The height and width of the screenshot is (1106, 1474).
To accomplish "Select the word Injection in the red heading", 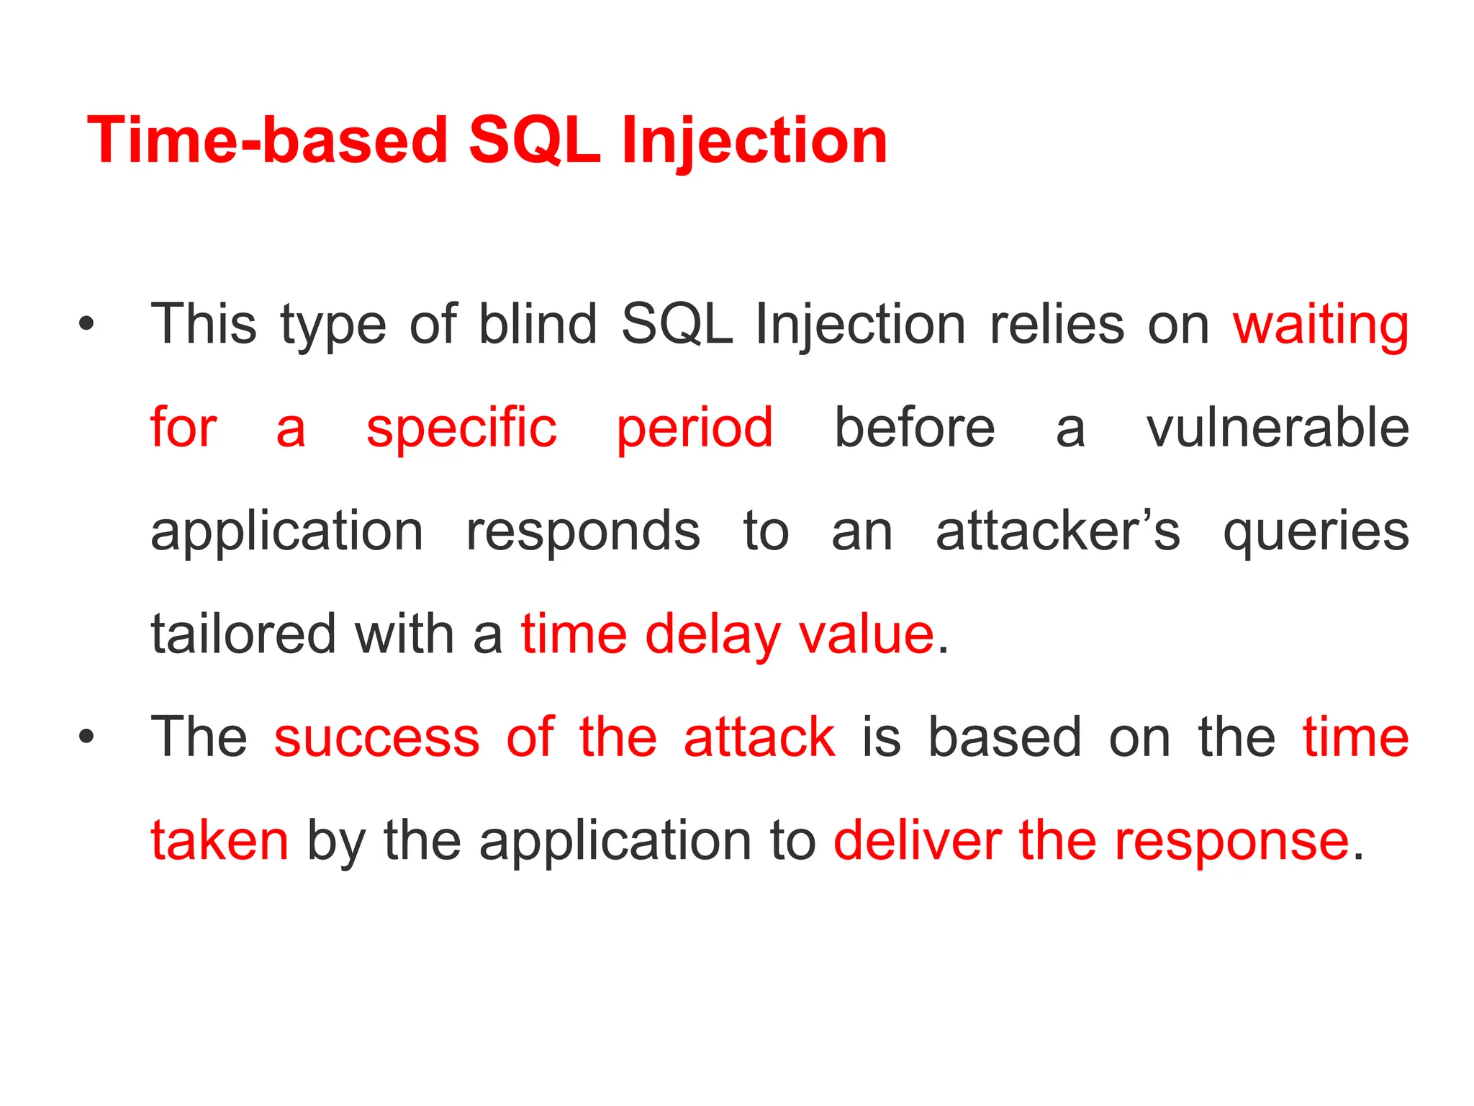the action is [x=754, y=142].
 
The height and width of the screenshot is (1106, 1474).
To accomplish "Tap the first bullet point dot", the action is [x=87, y=324].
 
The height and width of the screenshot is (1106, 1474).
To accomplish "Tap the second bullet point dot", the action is [x=87, y=737].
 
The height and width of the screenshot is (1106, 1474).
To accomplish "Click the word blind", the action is [x=538, y=324].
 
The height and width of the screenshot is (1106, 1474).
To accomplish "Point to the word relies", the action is [x=1057, y=324].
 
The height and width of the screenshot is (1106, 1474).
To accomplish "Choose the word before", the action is [x=914, y=428].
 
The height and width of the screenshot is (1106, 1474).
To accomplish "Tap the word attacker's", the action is [x=1058, y=531].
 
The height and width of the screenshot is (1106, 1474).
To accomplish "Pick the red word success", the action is [x=376, y=737].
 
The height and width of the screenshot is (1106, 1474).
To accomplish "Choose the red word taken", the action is [x=220, y=840].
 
